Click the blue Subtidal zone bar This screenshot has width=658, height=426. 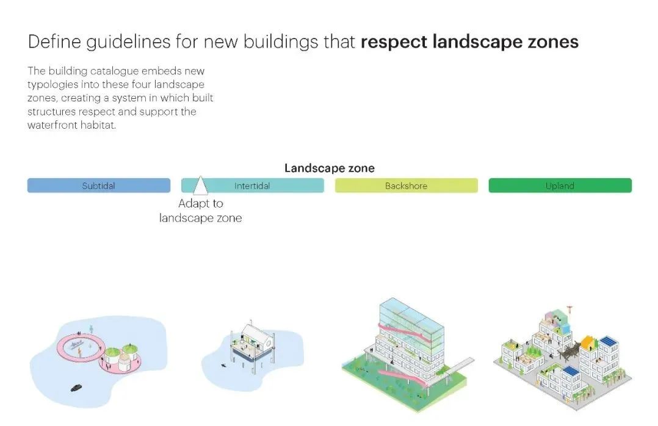pyautogui.click(x=99, y=186)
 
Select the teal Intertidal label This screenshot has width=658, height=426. pyautogui.click(x=251, y=186)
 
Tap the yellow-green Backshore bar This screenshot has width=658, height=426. pyautogui.click(x=407, y=186)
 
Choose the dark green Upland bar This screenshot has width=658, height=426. pyautogui.click(x=560, y=186)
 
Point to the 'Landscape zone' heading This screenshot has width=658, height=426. pyautogui.click(x=330, y=168)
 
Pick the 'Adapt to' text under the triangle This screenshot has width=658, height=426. pyautogui.click(x=201, y=204)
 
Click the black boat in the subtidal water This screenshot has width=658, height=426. pyautogui.click(x=76, y=388)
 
